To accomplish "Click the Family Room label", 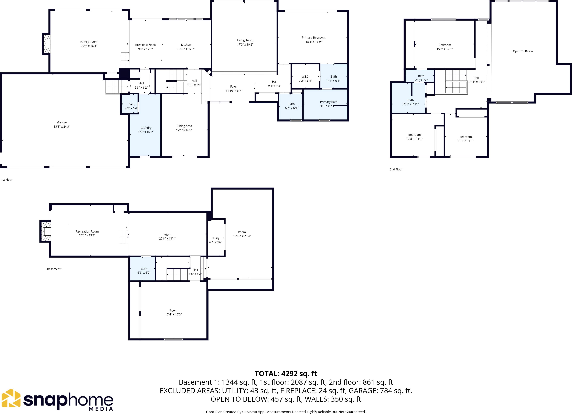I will tap(89, 42).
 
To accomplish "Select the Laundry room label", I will tap(146, 128).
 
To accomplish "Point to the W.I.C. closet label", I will tap(305, 76).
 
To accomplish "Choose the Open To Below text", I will tap(523, 51).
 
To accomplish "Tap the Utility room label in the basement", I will tap(215, 238).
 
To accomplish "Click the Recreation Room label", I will tap(87, 231).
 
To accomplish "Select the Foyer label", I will tap(234, 86).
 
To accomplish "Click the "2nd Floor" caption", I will tap(396, 169).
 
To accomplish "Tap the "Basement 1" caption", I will tap(55, 269).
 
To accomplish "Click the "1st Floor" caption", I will tap(7, 180).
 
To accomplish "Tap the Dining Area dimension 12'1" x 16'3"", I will tap(184, 130).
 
